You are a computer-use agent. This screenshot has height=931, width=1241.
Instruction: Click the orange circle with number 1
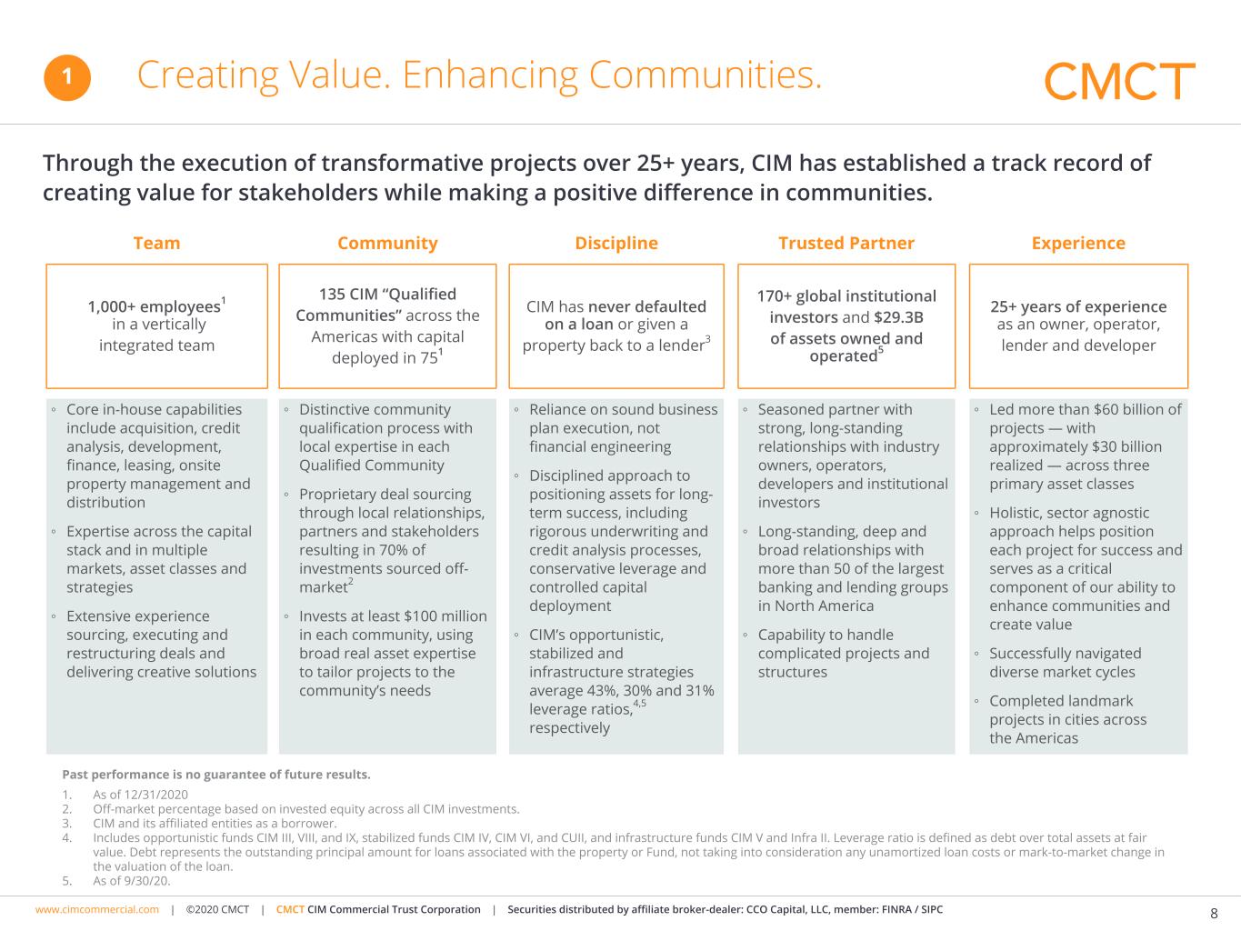tap(67, 78)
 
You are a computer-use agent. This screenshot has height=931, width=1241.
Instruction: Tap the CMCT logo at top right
tap(1119, 82)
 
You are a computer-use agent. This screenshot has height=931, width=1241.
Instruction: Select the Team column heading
tap(156, 243)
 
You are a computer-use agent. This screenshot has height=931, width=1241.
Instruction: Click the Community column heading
tap(387, 243)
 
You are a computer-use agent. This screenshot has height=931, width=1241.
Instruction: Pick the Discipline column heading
tap(616, 243)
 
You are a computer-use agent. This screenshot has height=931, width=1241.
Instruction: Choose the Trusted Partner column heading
tap(846, 243)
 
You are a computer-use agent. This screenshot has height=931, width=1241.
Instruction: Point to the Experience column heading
tap(1078, 243)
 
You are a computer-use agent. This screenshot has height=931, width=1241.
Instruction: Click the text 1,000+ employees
tap(154, 306)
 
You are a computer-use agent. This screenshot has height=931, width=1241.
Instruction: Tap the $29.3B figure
tap(898, 317)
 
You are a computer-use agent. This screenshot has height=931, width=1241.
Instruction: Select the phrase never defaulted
tap(647, 306)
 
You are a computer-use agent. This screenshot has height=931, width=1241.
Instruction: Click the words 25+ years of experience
tap(1078, 306)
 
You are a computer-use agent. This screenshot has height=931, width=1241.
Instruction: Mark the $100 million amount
tap(445, 616)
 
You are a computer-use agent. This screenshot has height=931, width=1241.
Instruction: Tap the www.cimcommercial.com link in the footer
tap(97, 909)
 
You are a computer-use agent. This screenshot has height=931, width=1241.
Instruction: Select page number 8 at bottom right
tap(1214, 914)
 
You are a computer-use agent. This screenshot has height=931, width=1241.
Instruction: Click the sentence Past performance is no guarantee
tap(216, 775)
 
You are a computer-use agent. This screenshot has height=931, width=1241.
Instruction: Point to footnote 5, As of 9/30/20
tap(131, 880)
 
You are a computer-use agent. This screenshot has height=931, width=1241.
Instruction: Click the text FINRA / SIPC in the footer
tap(912, 909)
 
